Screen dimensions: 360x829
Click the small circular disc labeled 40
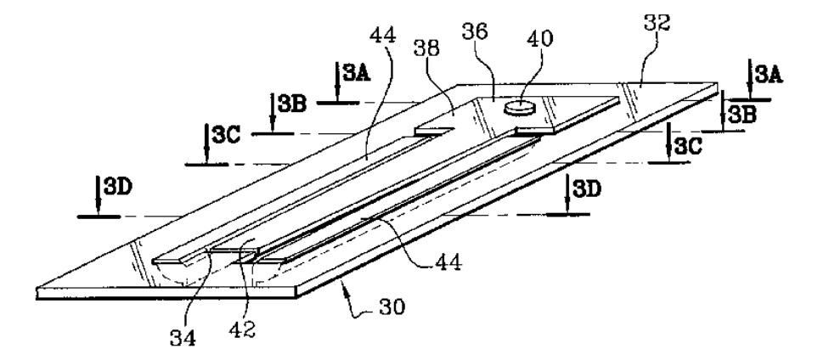516,107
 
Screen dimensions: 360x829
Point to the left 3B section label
292,104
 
